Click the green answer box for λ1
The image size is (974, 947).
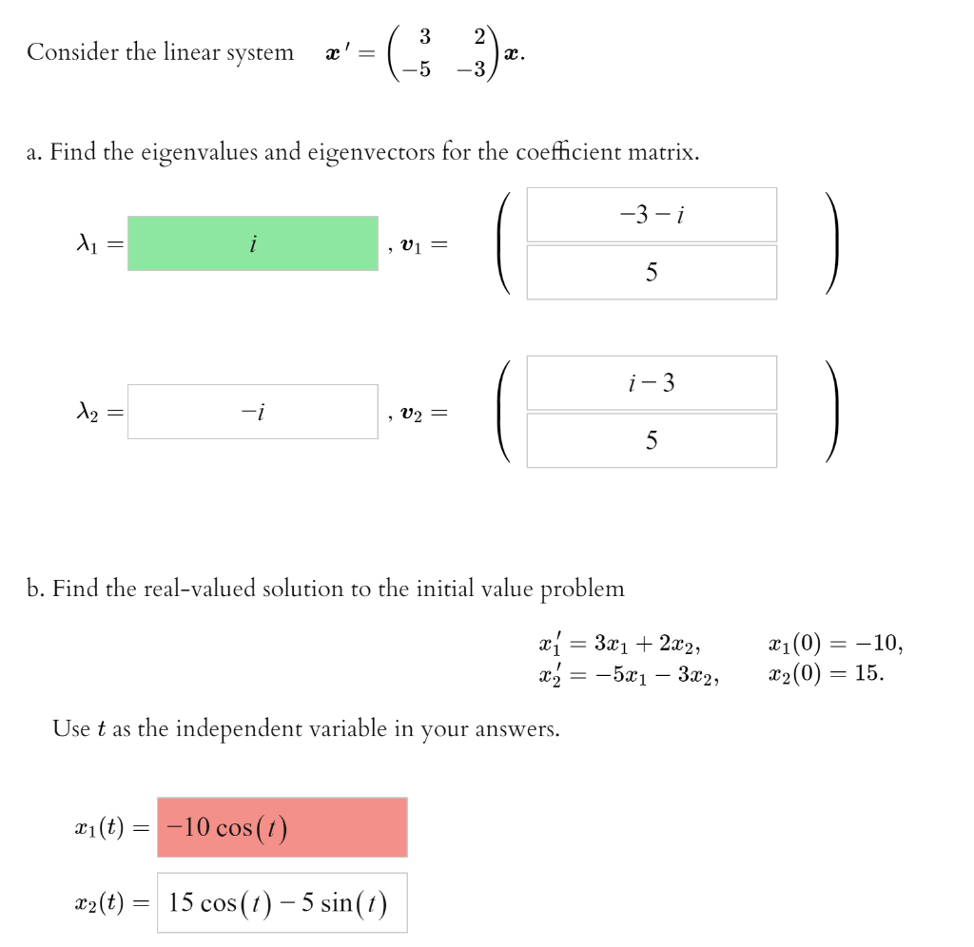(253, 243)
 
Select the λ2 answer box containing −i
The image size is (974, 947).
(253, 412)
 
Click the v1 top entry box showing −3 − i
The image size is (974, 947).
(652, 215)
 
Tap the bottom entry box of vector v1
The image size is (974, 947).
(652, 273)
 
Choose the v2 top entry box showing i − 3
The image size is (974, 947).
(652, 383)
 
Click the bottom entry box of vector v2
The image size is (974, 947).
(652, 440)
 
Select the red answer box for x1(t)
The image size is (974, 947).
(282, 827)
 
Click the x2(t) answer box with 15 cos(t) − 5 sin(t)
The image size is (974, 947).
(282, 902)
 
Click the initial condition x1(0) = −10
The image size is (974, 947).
(834, 644)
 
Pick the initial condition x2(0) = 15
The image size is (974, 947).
(826, 674)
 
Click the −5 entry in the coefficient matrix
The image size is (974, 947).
(419, 69)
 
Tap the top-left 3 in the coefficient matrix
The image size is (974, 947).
(424, 36)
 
